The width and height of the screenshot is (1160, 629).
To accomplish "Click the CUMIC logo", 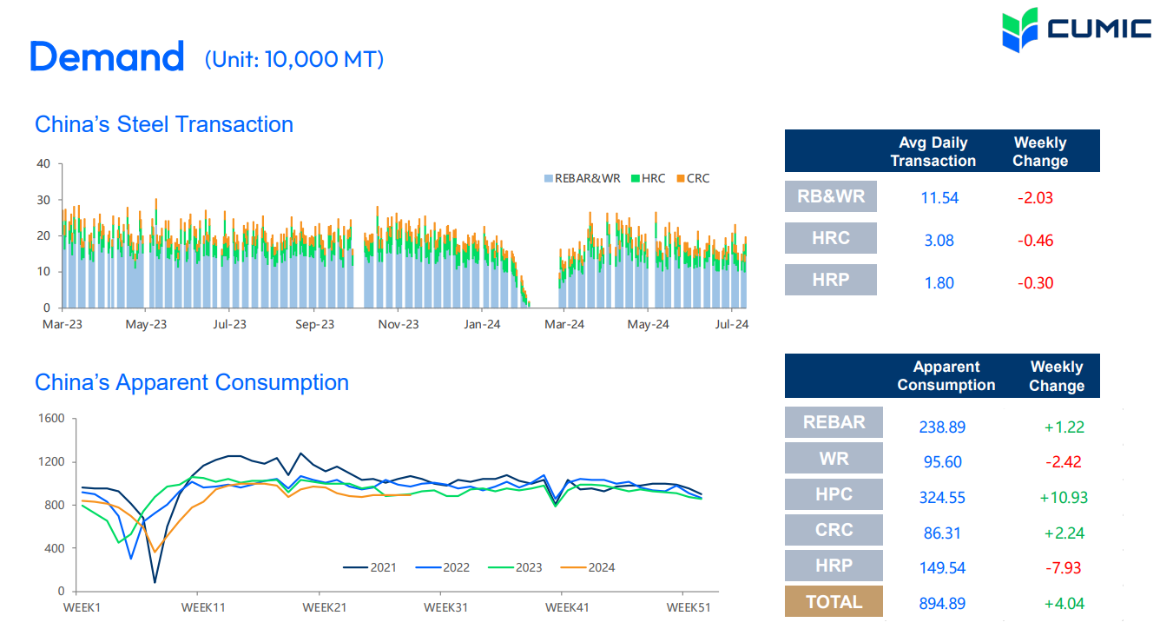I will tap(1076, 30).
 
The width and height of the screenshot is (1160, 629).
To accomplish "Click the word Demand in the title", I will tap(107, 57).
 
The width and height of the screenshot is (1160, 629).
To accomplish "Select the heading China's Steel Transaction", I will tap(164, 124).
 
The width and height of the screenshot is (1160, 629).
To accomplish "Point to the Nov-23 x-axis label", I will tap(399, 325).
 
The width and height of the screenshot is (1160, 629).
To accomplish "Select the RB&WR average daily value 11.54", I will tap(939, 198).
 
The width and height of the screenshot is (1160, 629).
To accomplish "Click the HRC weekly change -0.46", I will tap(1035, 241).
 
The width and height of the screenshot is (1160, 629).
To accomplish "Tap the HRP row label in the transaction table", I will tap(831, 281).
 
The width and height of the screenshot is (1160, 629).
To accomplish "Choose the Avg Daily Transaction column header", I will tap(933, 152).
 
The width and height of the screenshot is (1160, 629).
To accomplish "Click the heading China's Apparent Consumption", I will tap(192, 382).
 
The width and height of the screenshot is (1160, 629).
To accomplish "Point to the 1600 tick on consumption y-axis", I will tap(51, 418).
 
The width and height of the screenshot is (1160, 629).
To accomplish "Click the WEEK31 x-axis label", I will tap(446, 607).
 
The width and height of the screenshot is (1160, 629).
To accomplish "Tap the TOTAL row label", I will tap(834, 602).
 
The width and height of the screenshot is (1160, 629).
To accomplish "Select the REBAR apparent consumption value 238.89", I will tap(942, 427).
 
